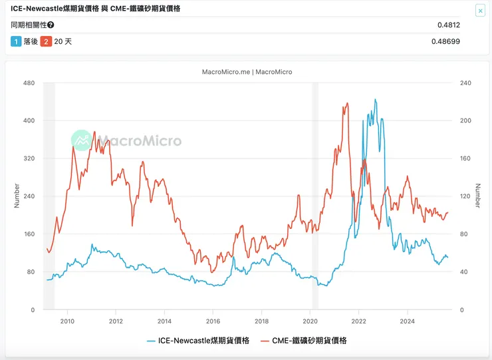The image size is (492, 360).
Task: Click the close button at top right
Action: pos(480,11)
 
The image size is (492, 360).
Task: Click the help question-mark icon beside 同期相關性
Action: pos(51,25)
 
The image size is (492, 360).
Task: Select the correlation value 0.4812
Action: pos(449,25)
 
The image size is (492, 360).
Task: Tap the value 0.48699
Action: pos(445,41)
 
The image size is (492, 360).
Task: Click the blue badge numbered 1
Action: pos(16,41)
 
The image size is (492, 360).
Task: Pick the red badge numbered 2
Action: pos(46,41)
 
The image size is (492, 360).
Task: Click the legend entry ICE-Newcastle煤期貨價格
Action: pos(197,341)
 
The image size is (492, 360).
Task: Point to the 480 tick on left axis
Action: pos(29,83)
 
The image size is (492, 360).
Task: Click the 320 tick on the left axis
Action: pos(29,158)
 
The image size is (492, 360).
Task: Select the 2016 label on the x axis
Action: pos(213,321)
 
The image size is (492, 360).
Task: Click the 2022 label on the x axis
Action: pos(358,321)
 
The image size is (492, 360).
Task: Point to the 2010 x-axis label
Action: pos(66,321)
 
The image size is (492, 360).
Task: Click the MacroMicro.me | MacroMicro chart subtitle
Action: pos(246,72)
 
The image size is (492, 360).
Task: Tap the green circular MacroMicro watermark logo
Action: pos(82,140)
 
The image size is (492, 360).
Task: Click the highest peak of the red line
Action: pos(347,104)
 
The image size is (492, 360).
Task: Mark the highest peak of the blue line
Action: pos(375,100)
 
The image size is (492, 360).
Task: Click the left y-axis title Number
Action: pos(17,196)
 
